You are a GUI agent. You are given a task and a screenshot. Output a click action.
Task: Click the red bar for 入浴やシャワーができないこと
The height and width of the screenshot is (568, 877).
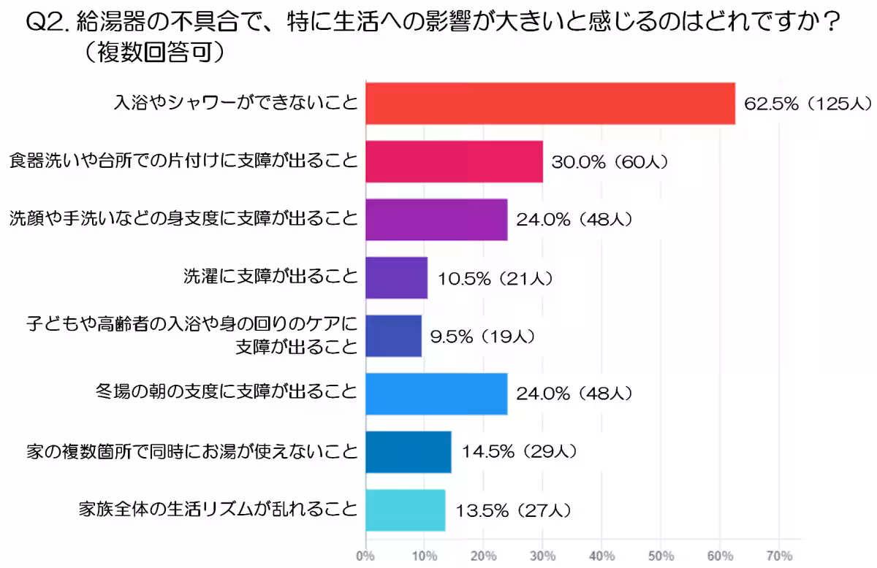pos(550,104)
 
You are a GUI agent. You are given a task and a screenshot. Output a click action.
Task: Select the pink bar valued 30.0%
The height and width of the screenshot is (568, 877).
pos(455,161)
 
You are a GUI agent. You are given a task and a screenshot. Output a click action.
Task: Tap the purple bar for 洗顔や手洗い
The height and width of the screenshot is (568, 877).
pos(437,220)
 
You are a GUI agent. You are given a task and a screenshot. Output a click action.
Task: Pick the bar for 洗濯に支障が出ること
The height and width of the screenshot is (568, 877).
pos(397,277)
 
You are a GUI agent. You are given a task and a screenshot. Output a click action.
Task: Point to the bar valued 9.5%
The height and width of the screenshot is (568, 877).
pos(394,336)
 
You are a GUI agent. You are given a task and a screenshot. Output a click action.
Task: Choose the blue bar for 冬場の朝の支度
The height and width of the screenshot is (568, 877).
pos(437,394)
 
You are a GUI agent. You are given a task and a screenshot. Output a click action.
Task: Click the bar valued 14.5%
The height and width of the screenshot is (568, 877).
pos(409,452)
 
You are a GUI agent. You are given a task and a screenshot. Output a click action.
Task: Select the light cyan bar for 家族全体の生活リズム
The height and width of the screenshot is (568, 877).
pos(406,510)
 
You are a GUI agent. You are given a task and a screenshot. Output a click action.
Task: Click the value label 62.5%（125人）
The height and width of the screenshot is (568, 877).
pos(808,104)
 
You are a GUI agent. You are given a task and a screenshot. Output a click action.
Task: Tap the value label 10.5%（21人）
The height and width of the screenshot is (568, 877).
pos(496,279)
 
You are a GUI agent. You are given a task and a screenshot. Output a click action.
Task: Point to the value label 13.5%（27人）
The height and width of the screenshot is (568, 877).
pos(514,511)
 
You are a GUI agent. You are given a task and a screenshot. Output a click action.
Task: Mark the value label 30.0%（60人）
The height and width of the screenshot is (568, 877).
pos(610,162)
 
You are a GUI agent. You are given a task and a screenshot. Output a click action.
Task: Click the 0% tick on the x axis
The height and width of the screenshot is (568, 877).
pos(365,556)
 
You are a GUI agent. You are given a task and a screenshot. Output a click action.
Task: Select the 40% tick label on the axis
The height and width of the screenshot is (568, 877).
pos(601,556)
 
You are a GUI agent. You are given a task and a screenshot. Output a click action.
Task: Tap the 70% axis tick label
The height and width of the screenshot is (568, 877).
pos(779,556)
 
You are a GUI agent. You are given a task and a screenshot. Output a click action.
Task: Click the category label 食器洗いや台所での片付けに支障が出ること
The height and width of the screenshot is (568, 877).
pos(183,161)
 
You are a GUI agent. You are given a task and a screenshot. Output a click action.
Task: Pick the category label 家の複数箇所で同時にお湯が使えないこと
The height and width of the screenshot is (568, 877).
pos(192,452)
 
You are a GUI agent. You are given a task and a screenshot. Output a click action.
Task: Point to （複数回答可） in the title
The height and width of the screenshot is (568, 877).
pos(154,53)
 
